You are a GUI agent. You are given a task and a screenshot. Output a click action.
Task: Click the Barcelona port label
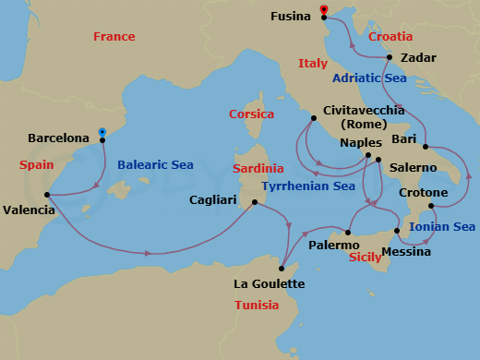point(59,138)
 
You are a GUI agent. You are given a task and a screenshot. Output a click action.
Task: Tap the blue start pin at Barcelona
point(102,133)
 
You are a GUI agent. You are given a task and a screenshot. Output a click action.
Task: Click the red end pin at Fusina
point(324,12)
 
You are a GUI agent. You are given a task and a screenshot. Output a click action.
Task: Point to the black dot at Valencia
point(47,195)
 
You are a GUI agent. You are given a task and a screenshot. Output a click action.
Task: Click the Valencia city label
point(29,210)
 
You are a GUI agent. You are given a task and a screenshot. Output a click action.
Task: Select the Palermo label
point(334,246)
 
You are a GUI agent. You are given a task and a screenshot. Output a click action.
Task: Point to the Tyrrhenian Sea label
point(308,186)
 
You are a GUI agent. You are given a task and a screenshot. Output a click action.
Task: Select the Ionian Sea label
point(442,226)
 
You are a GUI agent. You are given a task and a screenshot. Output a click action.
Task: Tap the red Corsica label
point(251,114)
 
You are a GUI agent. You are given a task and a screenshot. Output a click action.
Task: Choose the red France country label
point(114,37)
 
